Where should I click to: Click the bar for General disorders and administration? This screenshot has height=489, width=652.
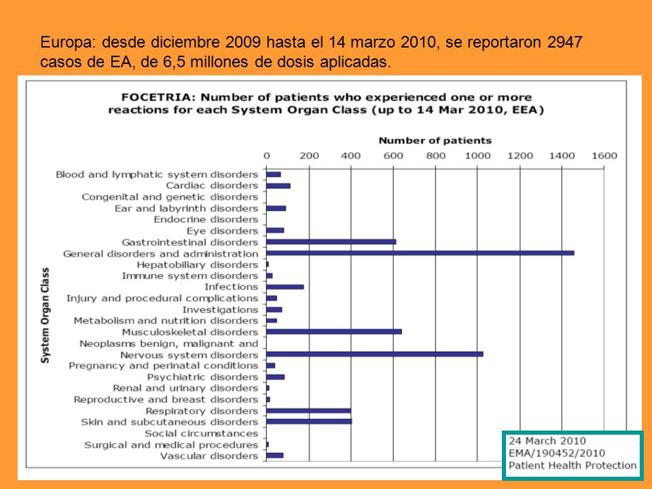420,253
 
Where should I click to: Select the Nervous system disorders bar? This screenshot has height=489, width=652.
375,355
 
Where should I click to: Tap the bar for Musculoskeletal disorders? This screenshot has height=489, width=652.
334,332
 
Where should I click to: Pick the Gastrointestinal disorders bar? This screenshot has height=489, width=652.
331,242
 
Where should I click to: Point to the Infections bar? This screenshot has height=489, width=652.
285,287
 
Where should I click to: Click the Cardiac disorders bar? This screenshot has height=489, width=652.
278,186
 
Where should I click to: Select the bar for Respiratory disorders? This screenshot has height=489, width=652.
308,411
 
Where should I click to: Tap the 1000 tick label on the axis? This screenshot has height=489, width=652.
477,156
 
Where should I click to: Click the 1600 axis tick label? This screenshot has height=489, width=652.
604,156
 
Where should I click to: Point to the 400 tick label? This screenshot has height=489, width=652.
350,156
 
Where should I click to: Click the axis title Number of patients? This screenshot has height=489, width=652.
435,141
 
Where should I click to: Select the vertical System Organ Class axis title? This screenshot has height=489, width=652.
45,315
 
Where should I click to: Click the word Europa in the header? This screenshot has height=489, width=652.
69,43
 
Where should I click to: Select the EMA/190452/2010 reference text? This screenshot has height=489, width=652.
557,453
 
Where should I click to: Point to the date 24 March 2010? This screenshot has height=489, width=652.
547,441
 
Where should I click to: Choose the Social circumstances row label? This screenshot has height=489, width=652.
201,433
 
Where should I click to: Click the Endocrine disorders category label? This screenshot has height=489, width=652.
206,219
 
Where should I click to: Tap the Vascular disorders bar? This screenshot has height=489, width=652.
275,456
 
